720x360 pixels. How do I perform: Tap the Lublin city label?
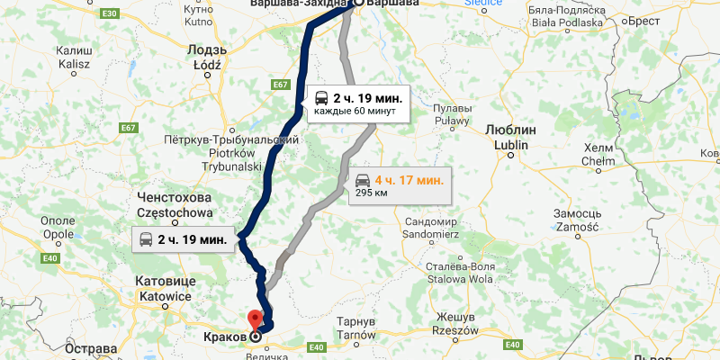509,137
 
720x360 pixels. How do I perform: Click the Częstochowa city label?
175,205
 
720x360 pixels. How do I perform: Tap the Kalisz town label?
73,58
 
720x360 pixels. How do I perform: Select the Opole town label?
58,228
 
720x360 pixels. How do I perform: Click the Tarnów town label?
355,328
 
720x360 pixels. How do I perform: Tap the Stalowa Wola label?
460,272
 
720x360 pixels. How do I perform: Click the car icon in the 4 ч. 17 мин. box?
362,179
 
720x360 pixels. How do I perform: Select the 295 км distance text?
362,193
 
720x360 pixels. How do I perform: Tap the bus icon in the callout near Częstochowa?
144,239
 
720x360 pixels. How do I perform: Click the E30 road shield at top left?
109,15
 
